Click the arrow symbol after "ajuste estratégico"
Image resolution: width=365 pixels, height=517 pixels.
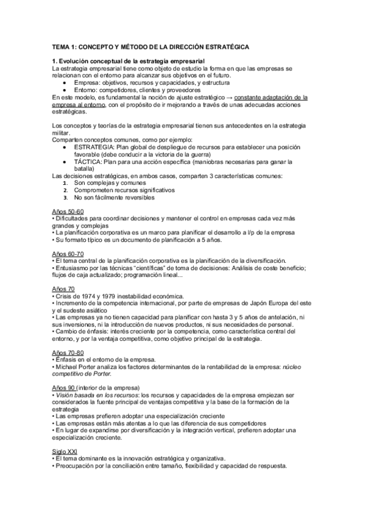pos(228,97)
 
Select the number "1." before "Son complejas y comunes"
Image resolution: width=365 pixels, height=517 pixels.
pos(66,183)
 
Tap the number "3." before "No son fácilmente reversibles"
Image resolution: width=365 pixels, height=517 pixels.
pos(66,198)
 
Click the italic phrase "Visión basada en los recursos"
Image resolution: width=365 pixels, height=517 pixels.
pos(92,395)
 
